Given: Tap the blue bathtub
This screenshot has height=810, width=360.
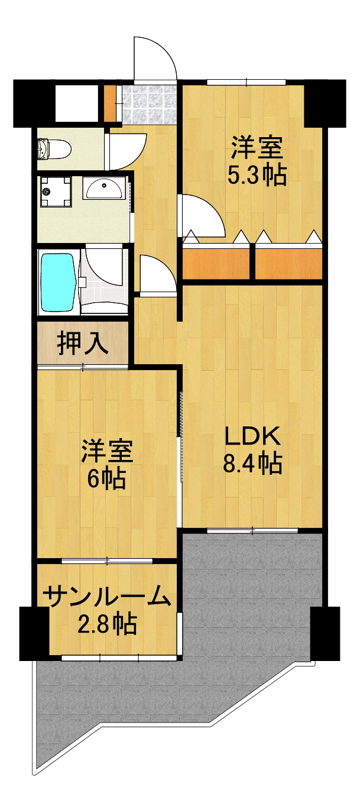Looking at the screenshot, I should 57,281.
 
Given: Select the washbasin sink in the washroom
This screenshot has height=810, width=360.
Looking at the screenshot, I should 105,188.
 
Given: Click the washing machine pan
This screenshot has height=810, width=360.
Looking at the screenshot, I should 56,191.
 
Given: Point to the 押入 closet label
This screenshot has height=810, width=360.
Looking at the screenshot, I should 82,344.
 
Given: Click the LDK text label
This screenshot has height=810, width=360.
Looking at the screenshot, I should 251,436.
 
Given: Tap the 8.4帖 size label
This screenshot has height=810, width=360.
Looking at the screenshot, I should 252,464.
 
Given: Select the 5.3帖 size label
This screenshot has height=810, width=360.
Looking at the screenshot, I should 257,175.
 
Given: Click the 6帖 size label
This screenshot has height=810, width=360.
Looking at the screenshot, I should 106,478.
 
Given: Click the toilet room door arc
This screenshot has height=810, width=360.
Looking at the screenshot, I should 125,151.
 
